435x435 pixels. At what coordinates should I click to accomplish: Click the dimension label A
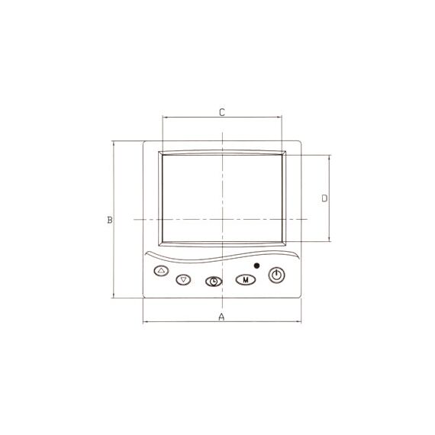pos(221,317)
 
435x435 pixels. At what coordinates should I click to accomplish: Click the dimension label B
pos(110,220)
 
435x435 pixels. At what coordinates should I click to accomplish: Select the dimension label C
pos(222,112)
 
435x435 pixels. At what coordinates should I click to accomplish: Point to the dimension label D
pos(324,198)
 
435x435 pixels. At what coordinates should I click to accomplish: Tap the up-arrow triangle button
pos(161,270)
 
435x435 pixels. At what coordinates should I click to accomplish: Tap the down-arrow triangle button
pos(183,279)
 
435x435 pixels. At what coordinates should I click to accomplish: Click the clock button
pos(214,282)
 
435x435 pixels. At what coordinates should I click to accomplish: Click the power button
pos(276,275)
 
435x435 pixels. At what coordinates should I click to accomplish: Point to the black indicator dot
pos(257,266)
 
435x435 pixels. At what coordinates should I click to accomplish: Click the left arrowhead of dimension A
pos(144,322)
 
